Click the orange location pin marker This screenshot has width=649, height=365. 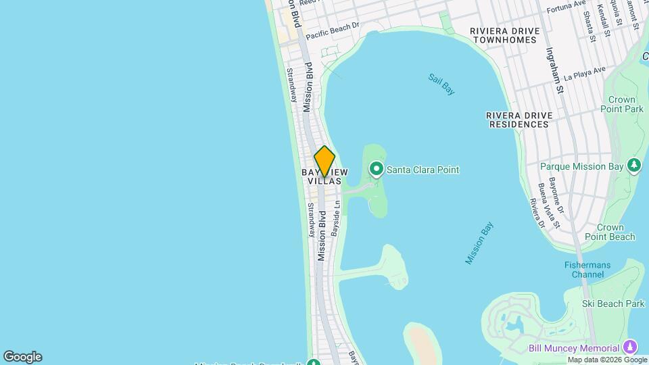click(x=324, y=161)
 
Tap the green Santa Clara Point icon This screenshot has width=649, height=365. click(x=376, y=169)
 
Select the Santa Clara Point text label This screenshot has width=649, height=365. click(x=423, y=170)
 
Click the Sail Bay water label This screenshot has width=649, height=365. click(x=441, y=83)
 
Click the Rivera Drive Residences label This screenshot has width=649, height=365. click(x=519, y=120)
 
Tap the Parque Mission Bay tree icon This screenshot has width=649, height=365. click(x=633, y=166)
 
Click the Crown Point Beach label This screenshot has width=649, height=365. click(x=615, y=232)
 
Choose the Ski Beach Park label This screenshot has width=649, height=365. click(x=615, y=304)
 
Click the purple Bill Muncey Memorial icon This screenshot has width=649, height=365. click(x=630, y=347)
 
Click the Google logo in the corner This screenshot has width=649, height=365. click(x=22, y=357)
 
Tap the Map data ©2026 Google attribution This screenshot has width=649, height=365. click(x=607, y=360)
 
